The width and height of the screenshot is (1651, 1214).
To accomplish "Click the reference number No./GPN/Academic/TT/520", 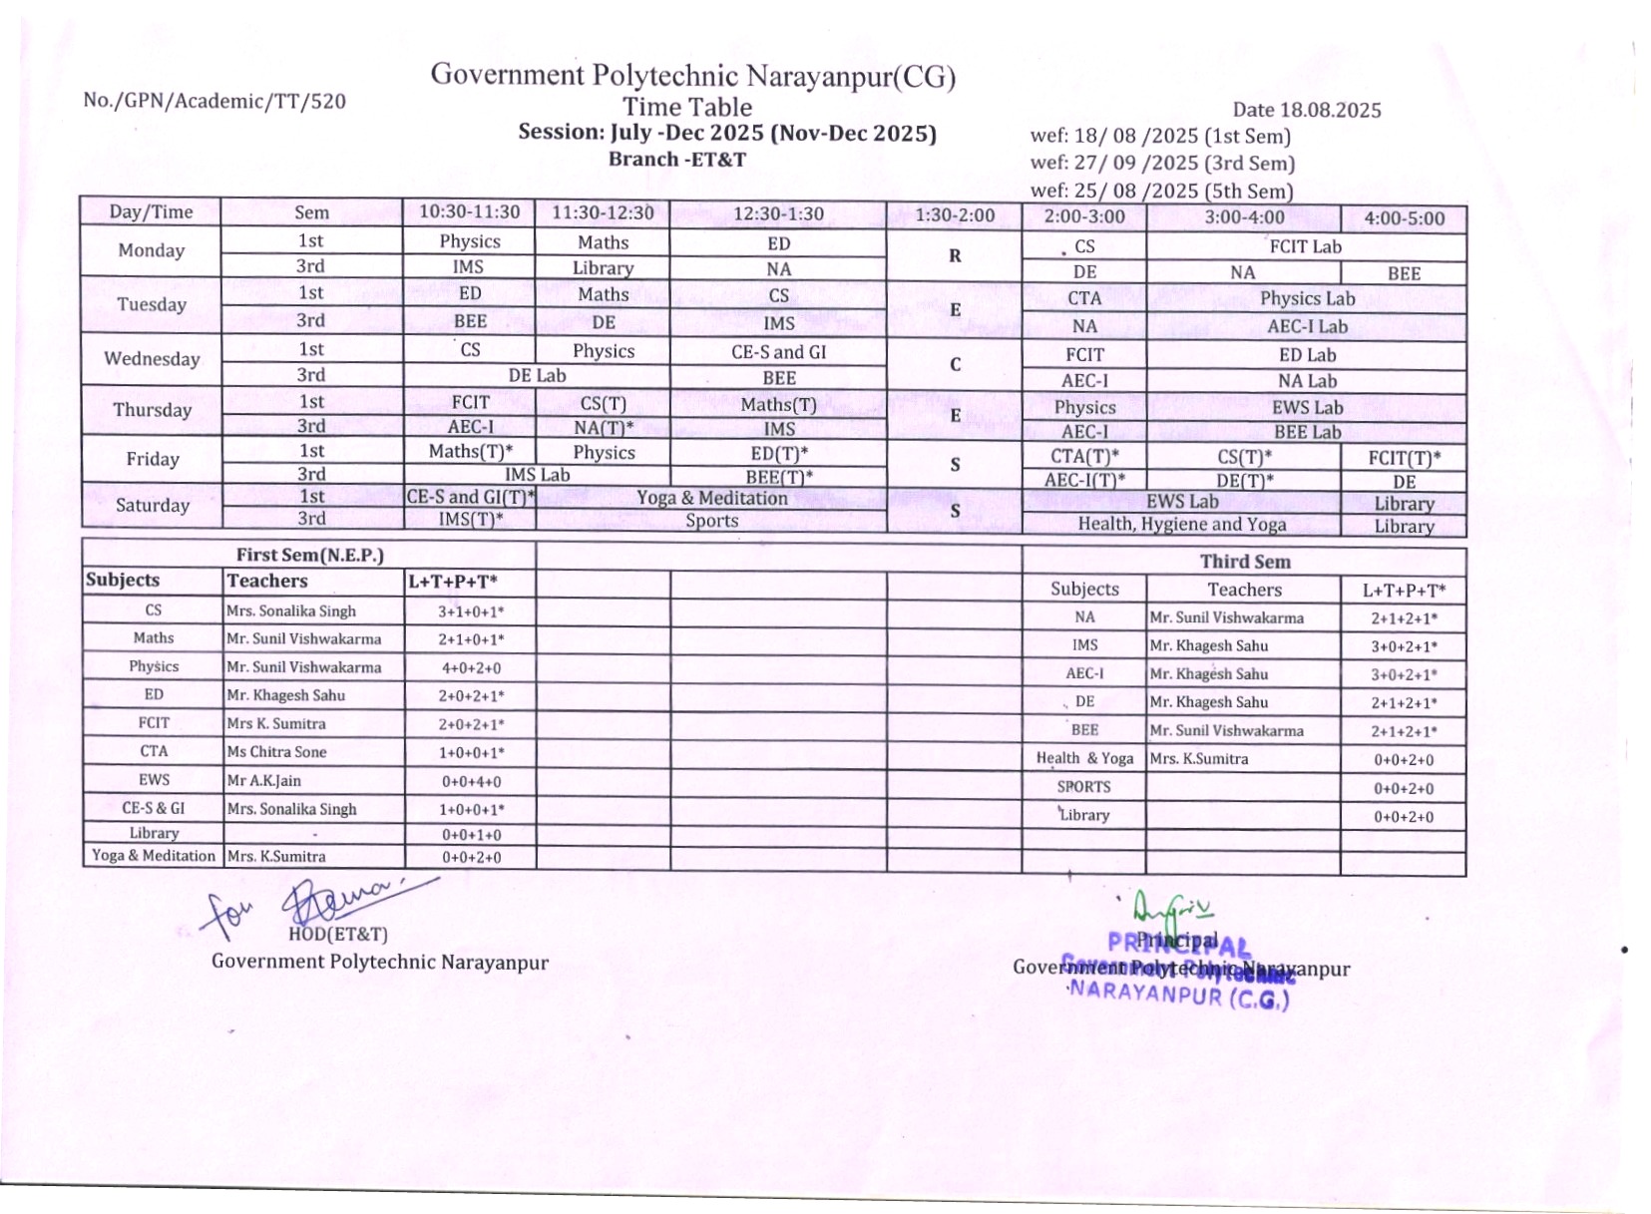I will [x=214, y=101].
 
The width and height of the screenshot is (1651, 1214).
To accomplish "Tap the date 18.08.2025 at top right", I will [x=1306, y=110].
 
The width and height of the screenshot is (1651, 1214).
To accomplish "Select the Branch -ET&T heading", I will [x=676, y=160].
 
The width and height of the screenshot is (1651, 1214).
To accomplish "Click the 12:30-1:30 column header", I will [x=778, y=213].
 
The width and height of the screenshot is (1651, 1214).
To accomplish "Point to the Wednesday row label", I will [x=152, y=359].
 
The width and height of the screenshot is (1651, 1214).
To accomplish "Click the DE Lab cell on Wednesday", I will [x=537, y=376].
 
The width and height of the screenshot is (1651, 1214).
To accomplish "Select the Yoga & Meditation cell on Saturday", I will [x=711, y=498].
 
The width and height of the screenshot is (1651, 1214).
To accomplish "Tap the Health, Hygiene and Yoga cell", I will [x=1181, y=524].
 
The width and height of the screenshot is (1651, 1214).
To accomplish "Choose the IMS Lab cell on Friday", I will [x=537, y=475].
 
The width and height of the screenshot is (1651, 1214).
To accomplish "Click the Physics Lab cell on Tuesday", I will [x=1306, y=298].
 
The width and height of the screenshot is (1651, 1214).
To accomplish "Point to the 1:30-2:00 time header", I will [x=955, y=214].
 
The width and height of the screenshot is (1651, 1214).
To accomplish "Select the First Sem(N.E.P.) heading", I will [x=309, y=555].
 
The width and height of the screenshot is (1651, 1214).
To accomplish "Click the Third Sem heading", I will [x=1244, y=562].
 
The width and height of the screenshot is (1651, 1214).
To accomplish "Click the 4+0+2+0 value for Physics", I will [x=471, y=667].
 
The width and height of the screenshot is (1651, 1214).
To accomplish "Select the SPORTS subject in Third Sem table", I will [x=1083, y=787].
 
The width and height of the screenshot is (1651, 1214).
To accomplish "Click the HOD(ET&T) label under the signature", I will [x=337, y=935].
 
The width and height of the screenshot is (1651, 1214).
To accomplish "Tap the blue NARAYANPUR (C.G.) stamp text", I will [x=1177, y=996].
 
